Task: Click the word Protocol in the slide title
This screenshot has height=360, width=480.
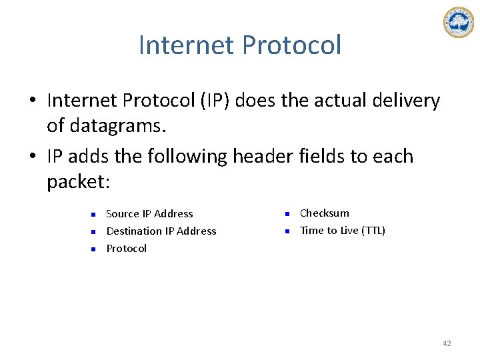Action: [x=292, y=45]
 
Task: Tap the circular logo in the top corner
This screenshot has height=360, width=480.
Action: [x=458, y=22]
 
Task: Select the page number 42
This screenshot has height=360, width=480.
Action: [x=447, y=343]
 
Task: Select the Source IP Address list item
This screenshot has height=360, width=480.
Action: [x=149, y=214]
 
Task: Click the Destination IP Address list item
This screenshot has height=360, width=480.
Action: [x=161, y=231]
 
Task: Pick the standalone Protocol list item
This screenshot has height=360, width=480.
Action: [x=127, y=249]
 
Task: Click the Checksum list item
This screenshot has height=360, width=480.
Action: [x=325, y=213]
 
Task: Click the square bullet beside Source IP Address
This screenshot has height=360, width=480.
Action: [x=94, y=215]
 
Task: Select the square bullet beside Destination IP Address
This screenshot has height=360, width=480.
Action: [x=94, y=232]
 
